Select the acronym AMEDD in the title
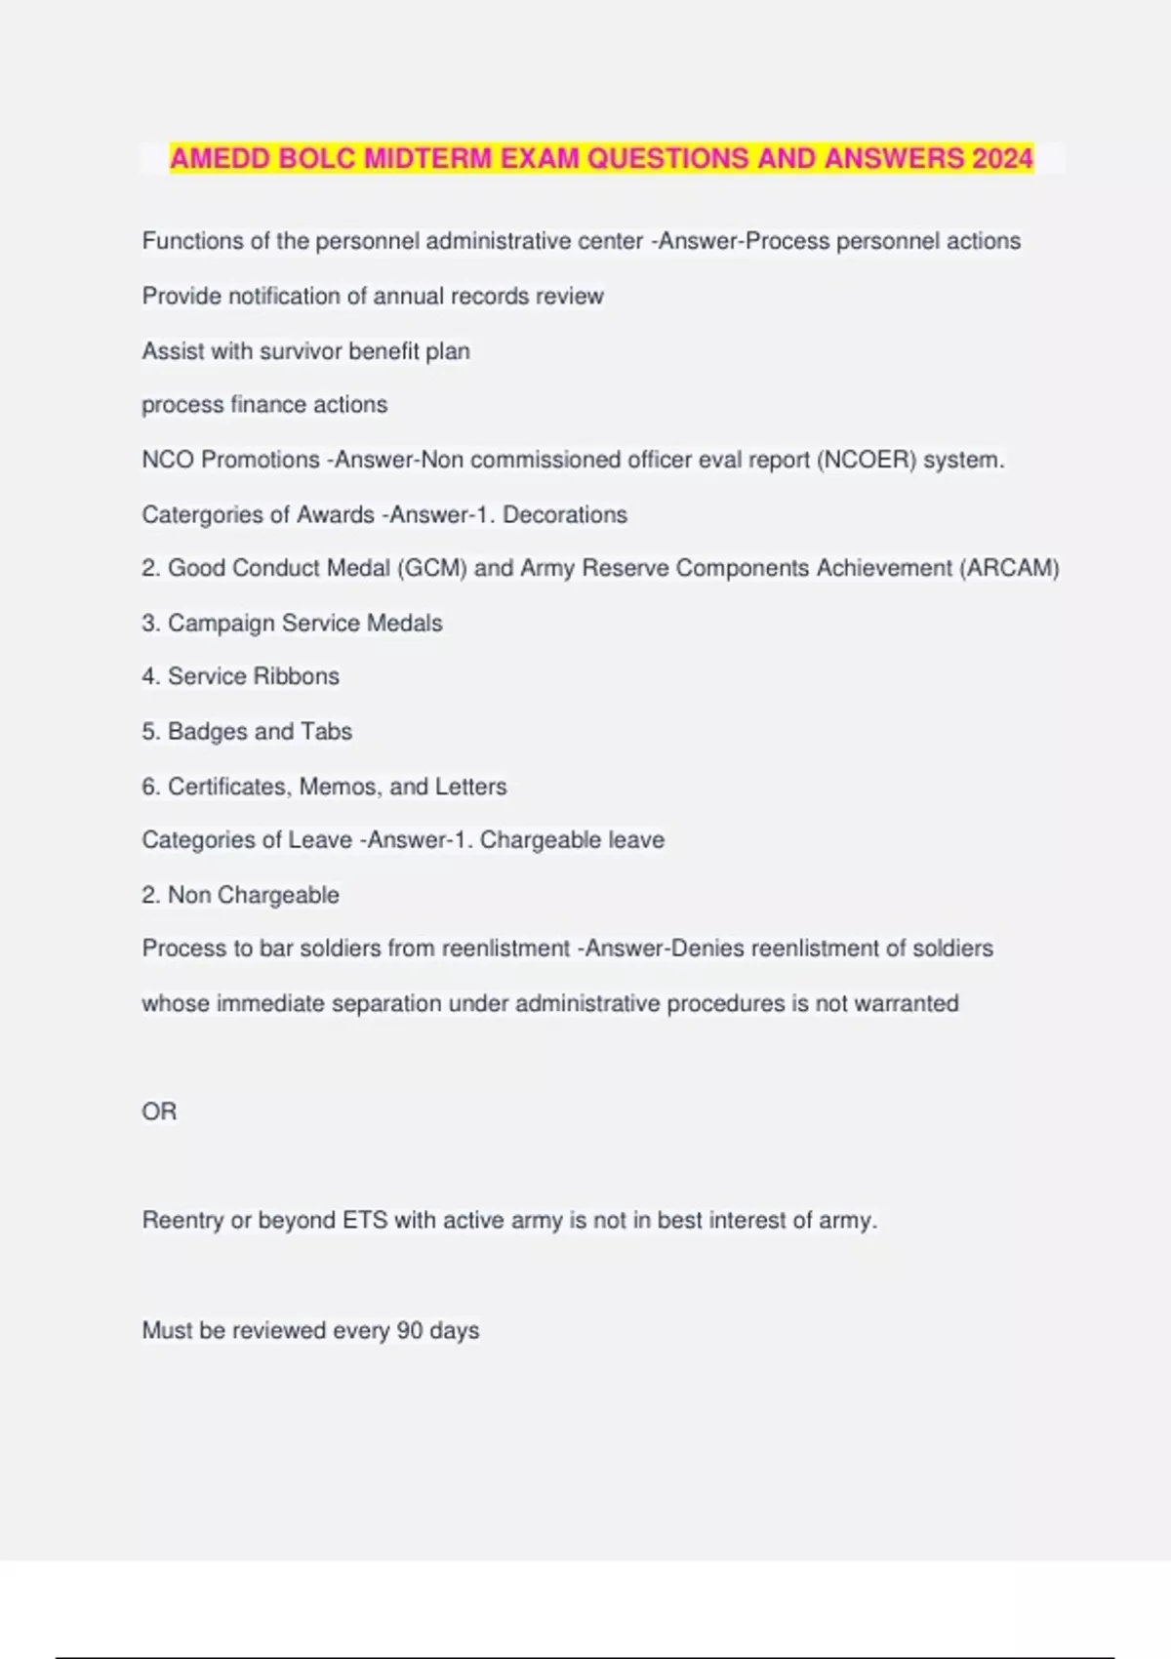[x=221, y=158]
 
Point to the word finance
[x=268, y=405]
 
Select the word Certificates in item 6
[x=229, y=787]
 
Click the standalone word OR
[x=159, y=1112]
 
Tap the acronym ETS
[x=365, y=1220]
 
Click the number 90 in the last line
[x=409, y=1330]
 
